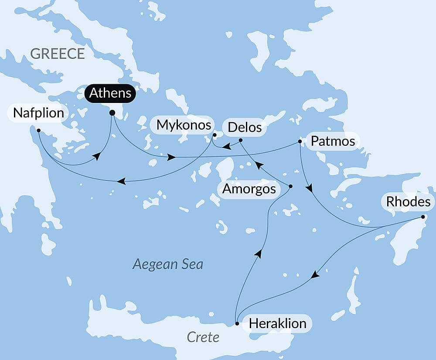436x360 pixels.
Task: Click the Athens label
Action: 110,93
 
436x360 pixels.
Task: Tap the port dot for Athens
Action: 112,113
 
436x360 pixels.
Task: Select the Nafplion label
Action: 38,113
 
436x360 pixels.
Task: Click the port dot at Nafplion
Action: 39,130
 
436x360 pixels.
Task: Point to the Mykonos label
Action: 184,125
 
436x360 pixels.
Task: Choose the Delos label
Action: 245,127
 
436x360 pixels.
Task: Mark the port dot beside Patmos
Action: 300,141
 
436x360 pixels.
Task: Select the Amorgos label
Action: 249,189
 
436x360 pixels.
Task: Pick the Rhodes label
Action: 408,202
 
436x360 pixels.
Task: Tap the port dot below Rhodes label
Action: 423,217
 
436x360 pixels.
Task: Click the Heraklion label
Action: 277,323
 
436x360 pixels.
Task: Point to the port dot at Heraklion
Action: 237,324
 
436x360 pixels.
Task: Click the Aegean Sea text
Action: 168,264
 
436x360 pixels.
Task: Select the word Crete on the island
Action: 203,337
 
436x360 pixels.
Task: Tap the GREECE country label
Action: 58,54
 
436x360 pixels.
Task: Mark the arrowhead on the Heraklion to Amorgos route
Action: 259,254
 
